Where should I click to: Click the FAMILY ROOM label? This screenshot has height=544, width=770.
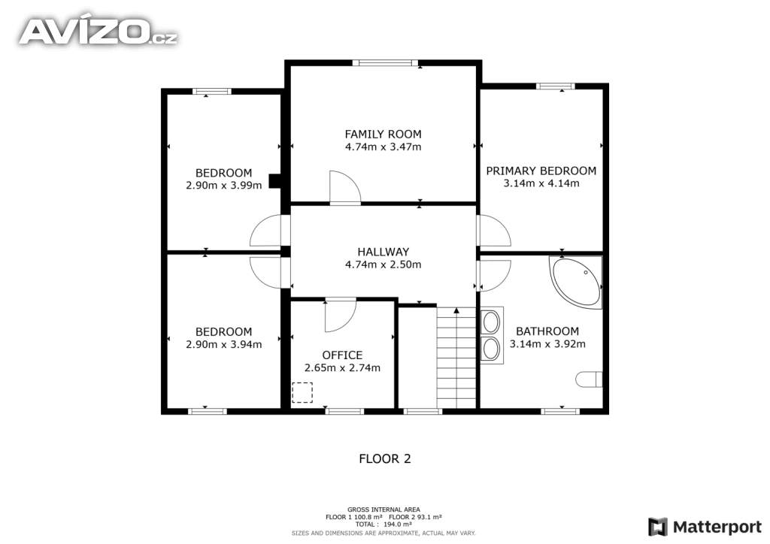tap(383, 134)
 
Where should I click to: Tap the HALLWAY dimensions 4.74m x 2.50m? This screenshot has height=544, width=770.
tap(383, 264)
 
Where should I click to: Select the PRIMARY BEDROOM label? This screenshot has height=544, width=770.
tap(541, 171)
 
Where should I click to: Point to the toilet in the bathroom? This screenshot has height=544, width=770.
tap(589, 379)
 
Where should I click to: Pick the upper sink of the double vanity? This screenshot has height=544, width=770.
tap(491, 322)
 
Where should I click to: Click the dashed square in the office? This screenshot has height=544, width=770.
tap(302, 392)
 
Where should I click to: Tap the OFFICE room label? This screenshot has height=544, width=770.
tap(342, 355)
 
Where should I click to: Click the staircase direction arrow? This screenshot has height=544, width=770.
tap(456, 310)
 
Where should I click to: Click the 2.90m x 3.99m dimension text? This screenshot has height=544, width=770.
tap(224, 186)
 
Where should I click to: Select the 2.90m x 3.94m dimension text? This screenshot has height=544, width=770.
tap(224, 344)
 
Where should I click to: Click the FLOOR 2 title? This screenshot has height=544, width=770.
tap(385, 458)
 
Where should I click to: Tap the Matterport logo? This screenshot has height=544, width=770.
tap(705, 527)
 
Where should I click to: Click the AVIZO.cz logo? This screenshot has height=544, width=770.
tap(98, 32)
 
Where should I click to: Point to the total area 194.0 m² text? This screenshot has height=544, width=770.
tap(383, 524)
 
